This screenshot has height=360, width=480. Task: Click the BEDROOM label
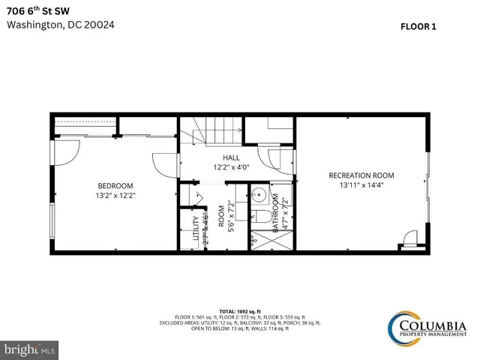tap(115, 186)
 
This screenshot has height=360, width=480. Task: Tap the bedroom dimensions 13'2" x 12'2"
tap(115, 195)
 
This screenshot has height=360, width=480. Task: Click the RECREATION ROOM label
tap(361, 175)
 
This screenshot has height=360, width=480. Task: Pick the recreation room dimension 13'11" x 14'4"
tap(361, 184)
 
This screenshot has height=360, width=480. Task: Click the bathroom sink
tap(259, 196)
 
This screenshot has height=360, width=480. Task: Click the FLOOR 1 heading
tap(418, 25)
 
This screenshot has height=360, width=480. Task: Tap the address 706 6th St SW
tap(40, 10)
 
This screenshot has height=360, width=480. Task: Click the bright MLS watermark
tap(29, 349)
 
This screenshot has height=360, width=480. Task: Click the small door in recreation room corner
tap(409, 239)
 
